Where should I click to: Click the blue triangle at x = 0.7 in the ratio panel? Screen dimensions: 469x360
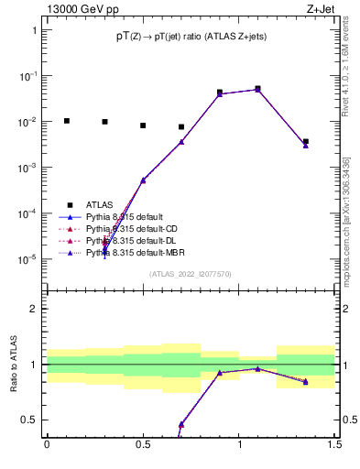[181, 424]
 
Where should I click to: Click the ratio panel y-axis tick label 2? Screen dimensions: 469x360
[34, 310]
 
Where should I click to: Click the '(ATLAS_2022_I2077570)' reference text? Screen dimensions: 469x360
[191, 274]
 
